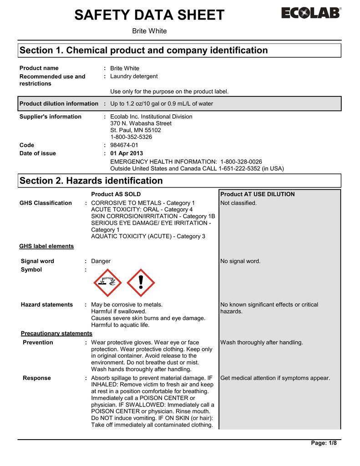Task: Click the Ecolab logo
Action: click(311, 13)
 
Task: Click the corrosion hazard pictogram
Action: click(107, 282)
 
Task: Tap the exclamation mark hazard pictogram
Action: click(141, 282)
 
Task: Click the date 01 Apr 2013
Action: click(127, 153)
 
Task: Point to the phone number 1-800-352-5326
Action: click(131, 137)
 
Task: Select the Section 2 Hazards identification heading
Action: click(91, 181)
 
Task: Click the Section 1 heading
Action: click(143, 51)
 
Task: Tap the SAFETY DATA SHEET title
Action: click(149, 15)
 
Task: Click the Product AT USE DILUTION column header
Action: click(258, 194)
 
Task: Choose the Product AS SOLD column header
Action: click(116, 194)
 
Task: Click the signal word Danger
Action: click(101, 261)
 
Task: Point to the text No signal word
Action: click(240, 261)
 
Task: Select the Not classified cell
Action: click(238, 203)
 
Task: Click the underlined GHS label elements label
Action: click(46, 246)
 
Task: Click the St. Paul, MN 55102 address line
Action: click(136, 130)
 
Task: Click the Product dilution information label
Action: click(59, 104)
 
